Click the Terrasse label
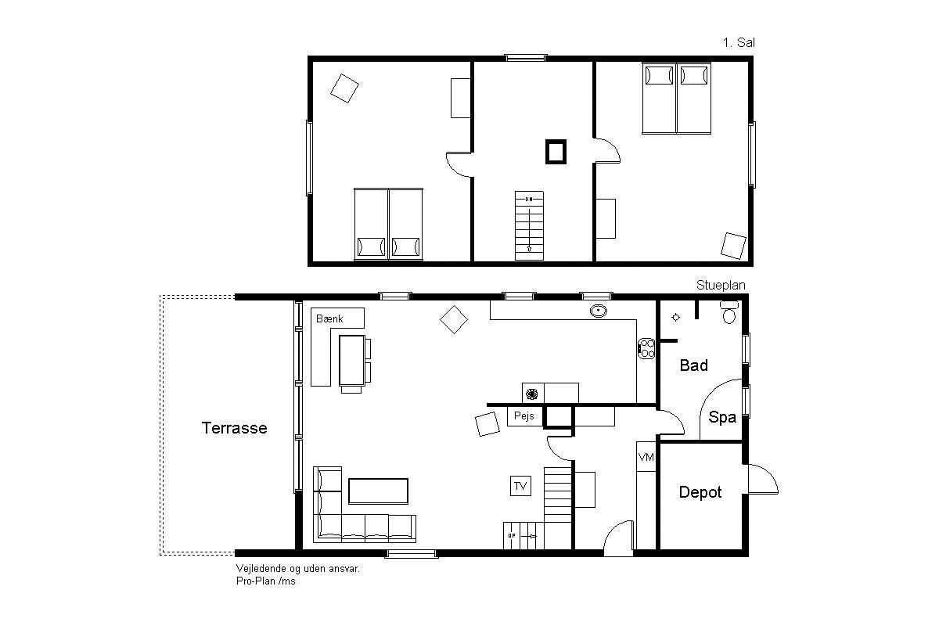pos(234,428)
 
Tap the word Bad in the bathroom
pos(694,365)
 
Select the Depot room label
pos(700,492)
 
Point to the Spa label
pos(722,418)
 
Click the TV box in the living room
pos(520,486)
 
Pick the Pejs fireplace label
pos(524,416)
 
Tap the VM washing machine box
pos(646,457)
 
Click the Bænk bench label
pos(329,318)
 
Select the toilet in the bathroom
pos(729,312)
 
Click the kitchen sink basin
pos(598,311)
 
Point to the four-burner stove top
pos(646,348)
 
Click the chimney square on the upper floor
pos(556,152)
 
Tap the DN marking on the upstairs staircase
pos(529,200)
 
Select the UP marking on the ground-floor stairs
pos(512,536)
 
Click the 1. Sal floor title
pos(739,42)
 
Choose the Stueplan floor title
pos(721,285)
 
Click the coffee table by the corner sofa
pos(378,491)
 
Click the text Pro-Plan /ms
pos(266,581)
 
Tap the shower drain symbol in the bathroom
pos(676,318)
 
